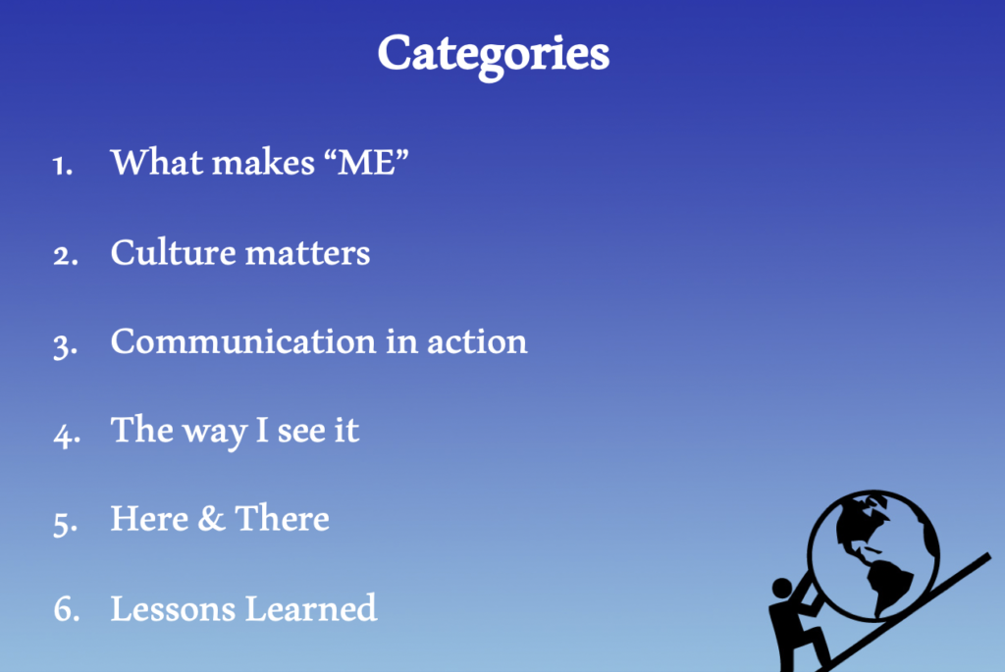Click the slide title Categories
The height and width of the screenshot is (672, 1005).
pyautogui.click(x=493, y=55)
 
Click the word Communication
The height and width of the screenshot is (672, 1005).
pyautogui.click(x=243, y=340)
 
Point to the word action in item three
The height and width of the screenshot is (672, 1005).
pyautogui.click(x=477, y=341)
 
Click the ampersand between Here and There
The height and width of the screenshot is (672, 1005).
pyautogui.click(x=211, y=518)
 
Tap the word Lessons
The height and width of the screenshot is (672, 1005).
pyautogui.click(x=173, y=608)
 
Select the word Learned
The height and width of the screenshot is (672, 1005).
pyautogui.click(x=311, y=608)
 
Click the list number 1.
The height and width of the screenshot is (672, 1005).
pyautogui.click(x=62, y=165)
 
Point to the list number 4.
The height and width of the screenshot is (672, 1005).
pyautogui.click(x=67, y=435)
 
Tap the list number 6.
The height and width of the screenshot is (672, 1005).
pyautogui.click(x=67, y=609)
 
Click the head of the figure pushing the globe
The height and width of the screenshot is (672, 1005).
pyautogui.click(x=782, y=588)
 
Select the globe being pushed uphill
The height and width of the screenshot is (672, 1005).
pyautogui.click(x=873, y=556)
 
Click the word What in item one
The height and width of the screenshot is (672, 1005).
pyautogui.click(x=157, y=162)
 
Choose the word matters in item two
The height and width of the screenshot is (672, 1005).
pyautogui.click(x=307, y=253)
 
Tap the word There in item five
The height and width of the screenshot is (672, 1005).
pyautogui.click(x=282, y=518)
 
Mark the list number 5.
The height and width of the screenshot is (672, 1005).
pyautogui.click(x=66, y=523)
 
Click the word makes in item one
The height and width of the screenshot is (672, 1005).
pyautogui.click(x=263, y=162)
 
